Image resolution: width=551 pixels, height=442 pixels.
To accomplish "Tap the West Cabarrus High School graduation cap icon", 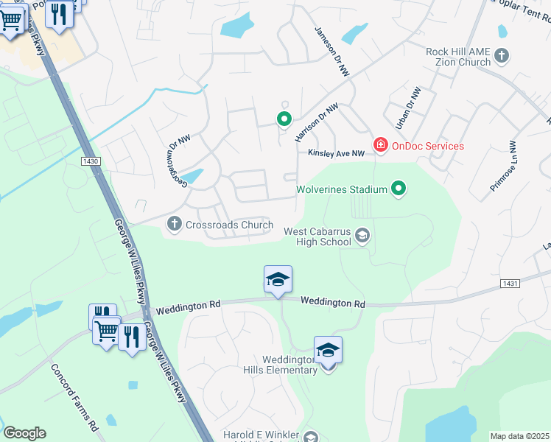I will pos(362,236).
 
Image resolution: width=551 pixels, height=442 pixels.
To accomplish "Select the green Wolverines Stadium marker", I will pos(399,189).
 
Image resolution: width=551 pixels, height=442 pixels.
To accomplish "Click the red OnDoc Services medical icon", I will pos(380,145).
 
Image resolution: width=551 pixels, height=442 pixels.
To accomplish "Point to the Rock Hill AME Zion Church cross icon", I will pos(502,56).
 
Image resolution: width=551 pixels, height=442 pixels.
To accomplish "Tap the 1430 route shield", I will pos(91,161).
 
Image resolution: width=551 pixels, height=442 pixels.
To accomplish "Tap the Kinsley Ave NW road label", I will pos(336,153).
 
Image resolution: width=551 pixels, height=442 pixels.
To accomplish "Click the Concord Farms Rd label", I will pos(74,397).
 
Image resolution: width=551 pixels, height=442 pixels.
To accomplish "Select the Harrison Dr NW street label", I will pos(317,122).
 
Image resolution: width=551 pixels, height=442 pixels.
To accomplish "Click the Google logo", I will pos(24,433).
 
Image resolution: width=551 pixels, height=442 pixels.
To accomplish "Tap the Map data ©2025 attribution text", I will pos(520,436).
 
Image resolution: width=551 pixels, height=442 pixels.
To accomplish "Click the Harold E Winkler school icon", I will pos(311,437).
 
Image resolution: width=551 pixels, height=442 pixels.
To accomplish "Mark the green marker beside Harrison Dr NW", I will pos(283,118).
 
